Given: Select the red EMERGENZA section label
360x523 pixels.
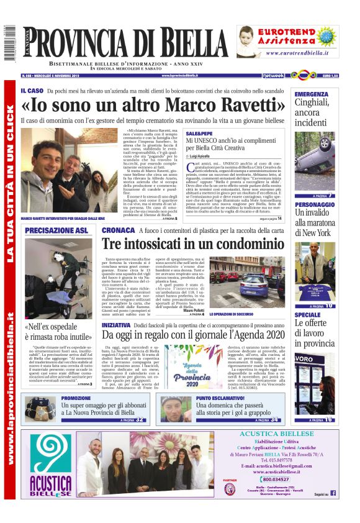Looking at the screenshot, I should [312, 94].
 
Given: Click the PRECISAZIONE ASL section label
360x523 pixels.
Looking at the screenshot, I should [57, 230].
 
